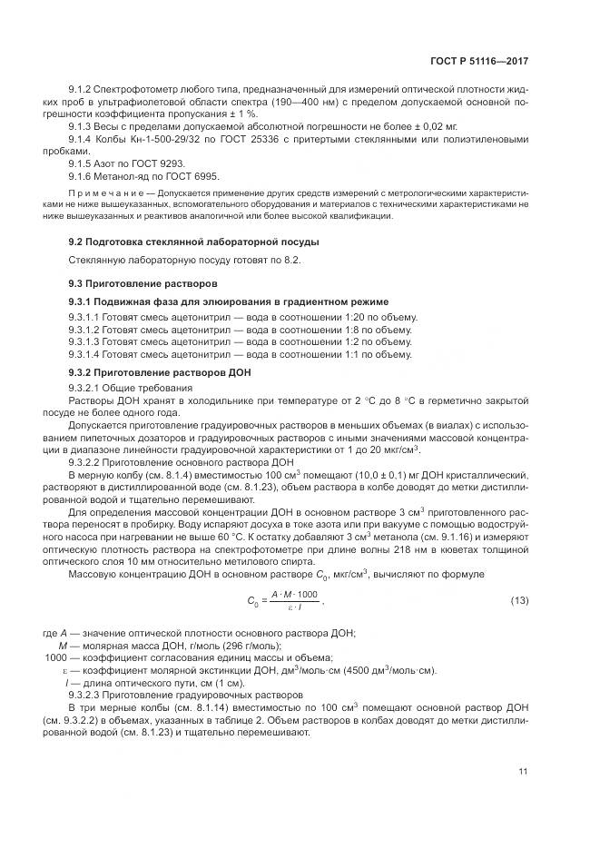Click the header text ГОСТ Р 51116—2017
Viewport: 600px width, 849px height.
click(x=482, y=61)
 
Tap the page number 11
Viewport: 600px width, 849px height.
click(x=523, y=772)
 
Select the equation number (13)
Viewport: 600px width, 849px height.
click(x=520, y=601)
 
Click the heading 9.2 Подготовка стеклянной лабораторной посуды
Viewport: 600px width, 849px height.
click(x=193, y=241)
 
